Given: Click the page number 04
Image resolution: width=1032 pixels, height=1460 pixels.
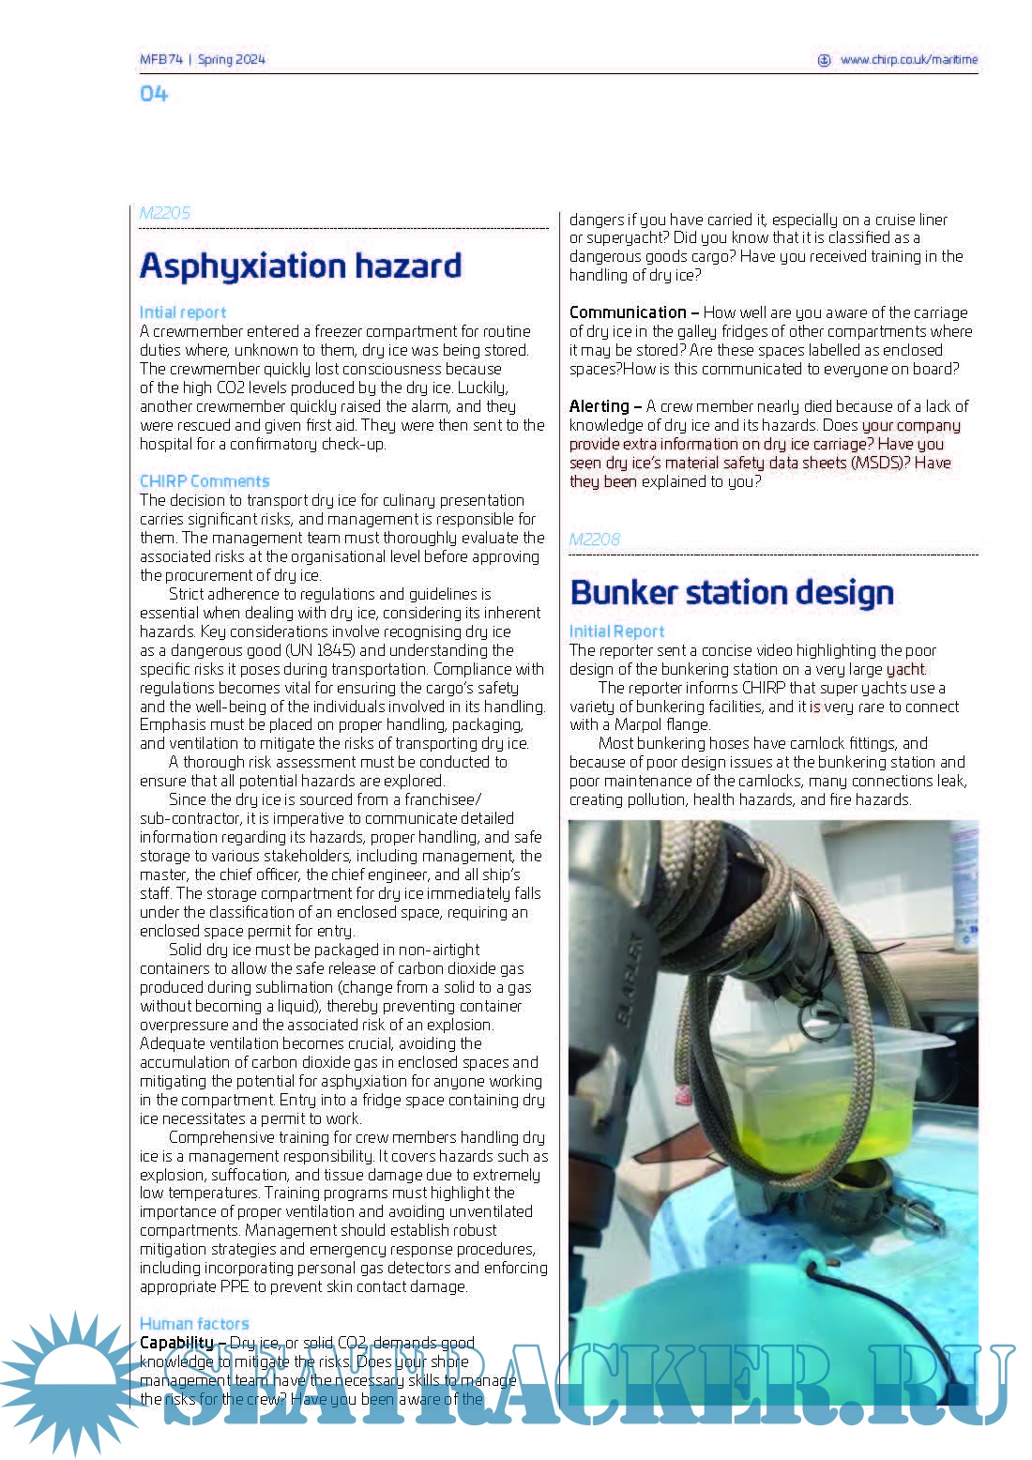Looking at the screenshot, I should pos(154,94).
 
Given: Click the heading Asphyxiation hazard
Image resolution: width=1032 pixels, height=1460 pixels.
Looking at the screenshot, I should pos(300,266).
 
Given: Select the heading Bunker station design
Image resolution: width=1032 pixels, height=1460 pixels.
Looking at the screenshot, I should pos(732,593).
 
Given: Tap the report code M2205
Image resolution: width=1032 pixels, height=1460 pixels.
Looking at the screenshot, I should pos(165,213).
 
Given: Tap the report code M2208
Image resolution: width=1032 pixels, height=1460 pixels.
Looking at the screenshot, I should pos(595,540).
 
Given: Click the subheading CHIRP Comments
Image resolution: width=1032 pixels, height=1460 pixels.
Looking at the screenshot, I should pos(205,481).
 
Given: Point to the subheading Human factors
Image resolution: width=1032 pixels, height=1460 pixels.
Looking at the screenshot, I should pos(194,1324).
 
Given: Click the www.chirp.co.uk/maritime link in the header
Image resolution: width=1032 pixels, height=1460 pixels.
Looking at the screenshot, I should pos(908,59).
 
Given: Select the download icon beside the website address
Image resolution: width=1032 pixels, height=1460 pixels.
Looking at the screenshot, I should pos(825,59).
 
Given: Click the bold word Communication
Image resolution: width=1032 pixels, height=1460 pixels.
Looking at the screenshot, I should pos(628,312).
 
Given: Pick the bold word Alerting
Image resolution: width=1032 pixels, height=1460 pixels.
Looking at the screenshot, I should pos(599,406).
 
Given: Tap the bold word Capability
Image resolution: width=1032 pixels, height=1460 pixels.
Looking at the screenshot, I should pos(176,1343).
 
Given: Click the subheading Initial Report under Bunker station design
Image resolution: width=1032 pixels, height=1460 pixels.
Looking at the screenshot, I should pos(616,631).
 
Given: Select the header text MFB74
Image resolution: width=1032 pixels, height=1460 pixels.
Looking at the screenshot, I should pos(160,59).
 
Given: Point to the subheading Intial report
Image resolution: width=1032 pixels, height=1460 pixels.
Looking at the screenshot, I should pos(183,312).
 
